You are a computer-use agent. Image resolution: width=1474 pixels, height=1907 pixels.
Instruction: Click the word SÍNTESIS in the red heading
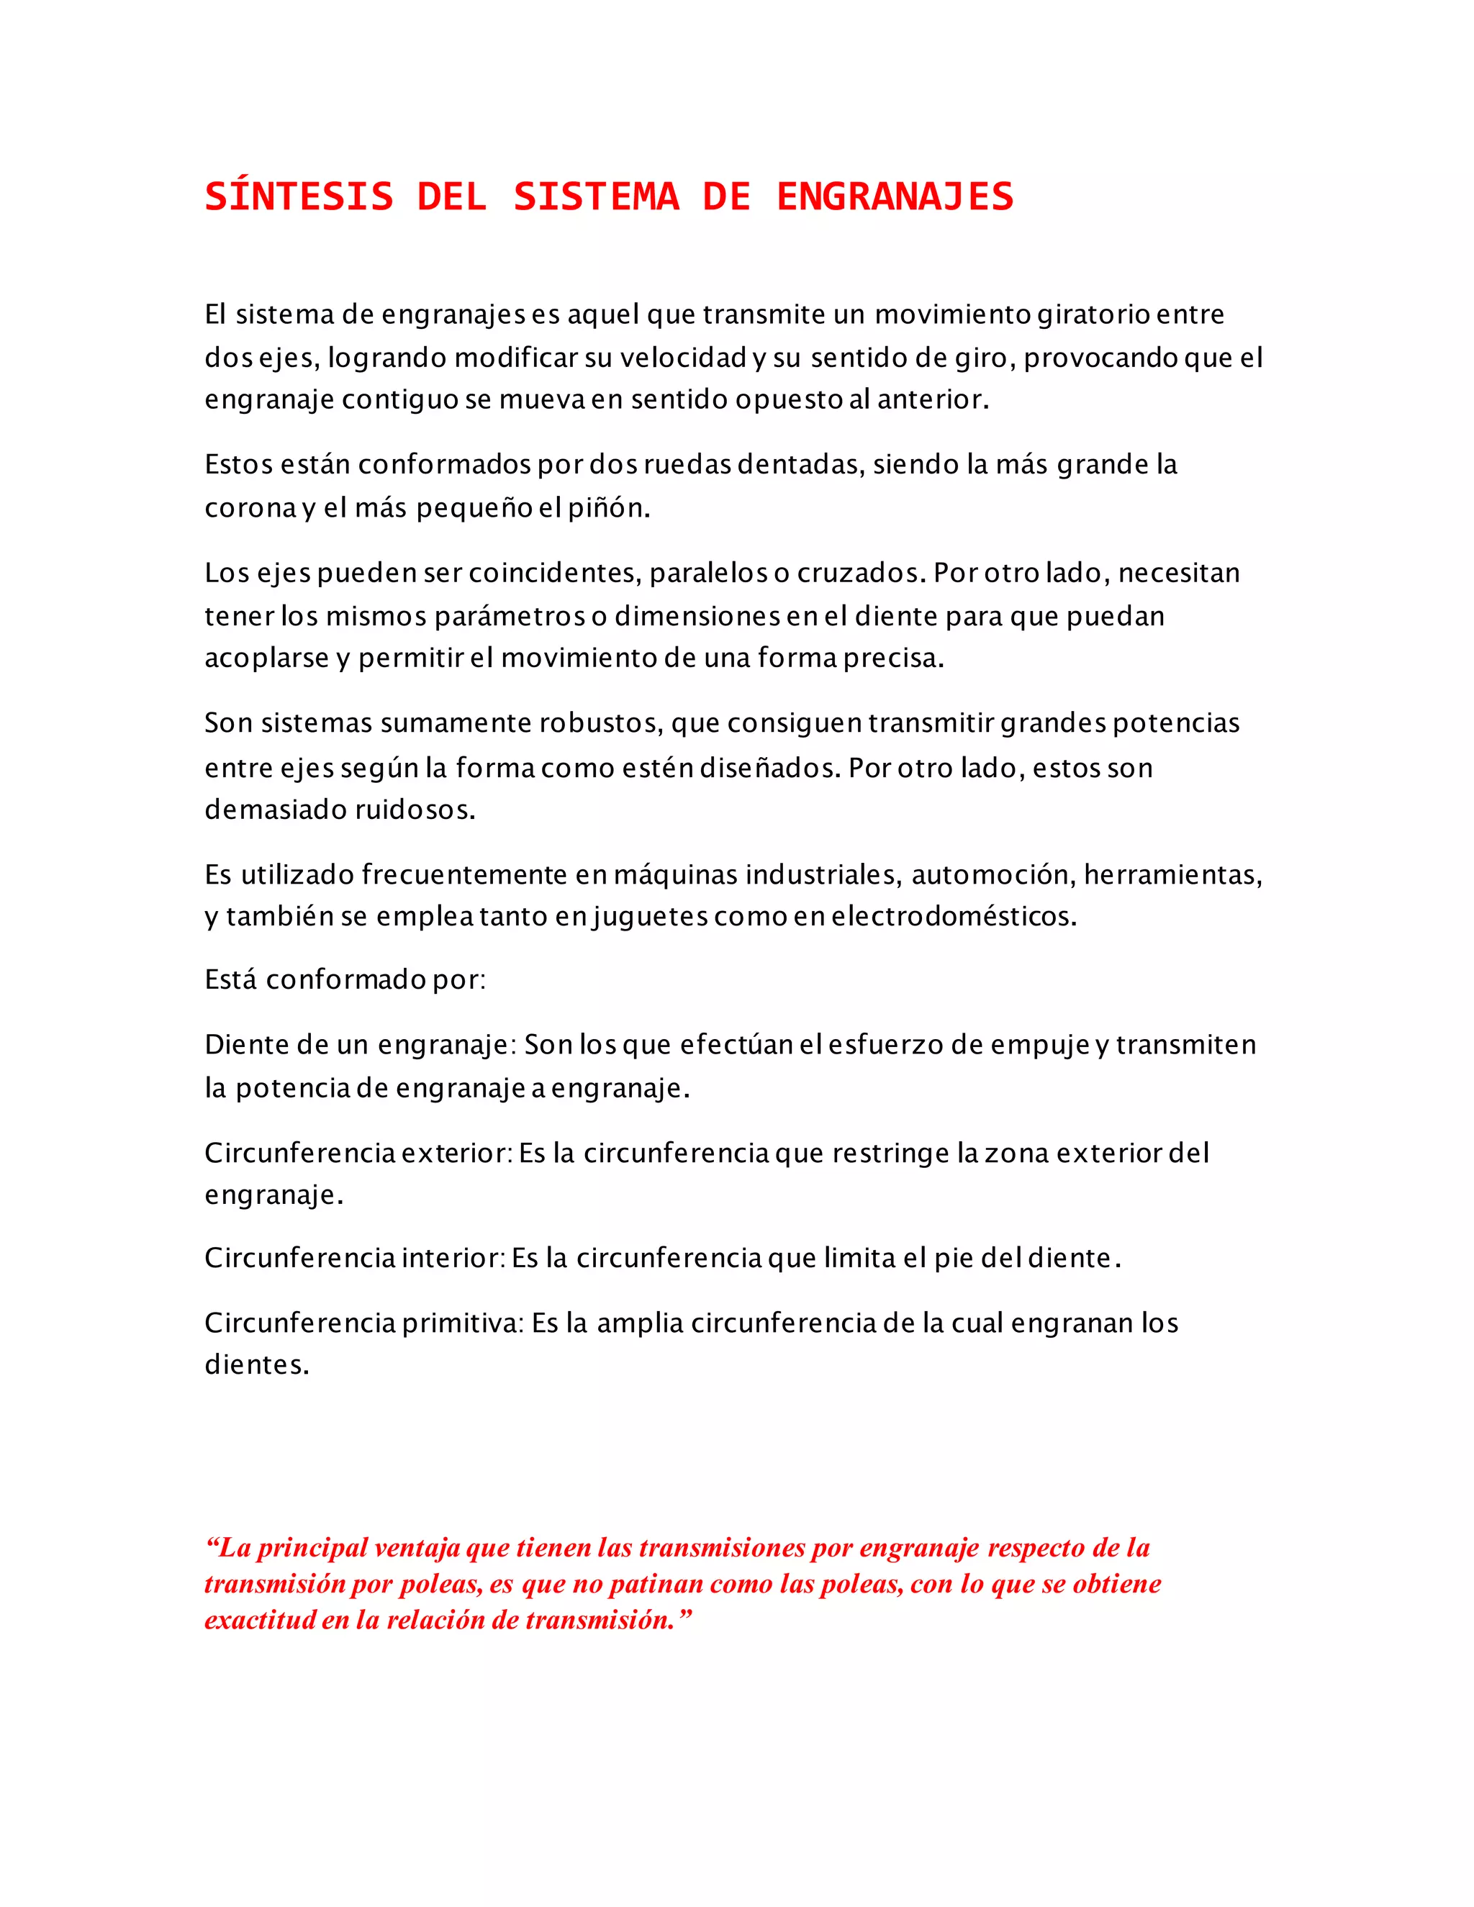pyautogui.click(x=299, y=196)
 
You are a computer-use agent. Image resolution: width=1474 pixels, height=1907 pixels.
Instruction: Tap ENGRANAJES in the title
pyautogui.click(x=895, y=196)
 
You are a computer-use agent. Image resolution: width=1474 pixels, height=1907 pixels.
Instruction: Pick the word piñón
pyautogui.click(x=609, y=507)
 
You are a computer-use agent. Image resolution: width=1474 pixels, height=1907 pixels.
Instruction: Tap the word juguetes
pyautogui.click(x=650, y=916)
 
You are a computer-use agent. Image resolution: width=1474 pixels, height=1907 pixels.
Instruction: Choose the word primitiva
pyautogui.click(x=462, y=1323)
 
